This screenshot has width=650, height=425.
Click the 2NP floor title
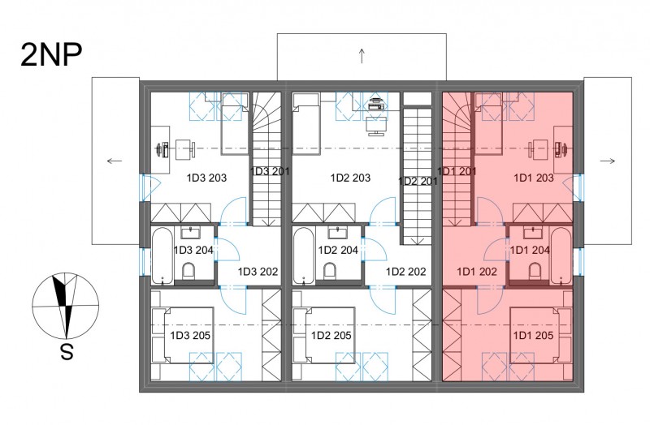click(x=51, y=55)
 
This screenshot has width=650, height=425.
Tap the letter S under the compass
click(x=67, y=352)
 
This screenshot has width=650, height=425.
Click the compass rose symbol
click(x=66, y=306)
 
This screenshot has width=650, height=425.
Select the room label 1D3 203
click(x=206, y=178)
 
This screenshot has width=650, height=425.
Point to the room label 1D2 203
click(x=350, y=178)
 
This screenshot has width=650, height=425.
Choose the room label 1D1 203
click(x=534, y=178)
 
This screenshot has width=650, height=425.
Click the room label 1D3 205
click(x=190, y=335)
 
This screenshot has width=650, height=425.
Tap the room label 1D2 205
click(x=331, y=335)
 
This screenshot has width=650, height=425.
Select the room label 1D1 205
click(x=533, y=335)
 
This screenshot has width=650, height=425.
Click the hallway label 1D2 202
click(x=405, y=272)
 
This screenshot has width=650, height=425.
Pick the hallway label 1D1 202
click(x=477, y=272)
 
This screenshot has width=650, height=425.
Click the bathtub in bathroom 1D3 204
click(x=162, y=255)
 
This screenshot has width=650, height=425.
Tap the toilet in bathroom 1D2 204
click(x=330, y=271)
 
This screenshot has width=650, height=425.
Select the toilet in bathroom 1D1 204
click(x=535, y=271)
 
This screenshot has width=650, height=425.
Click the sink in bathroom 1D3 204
click(x=191, y=233)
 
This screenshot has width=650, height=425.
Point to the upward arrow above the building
click(x=362, y=56)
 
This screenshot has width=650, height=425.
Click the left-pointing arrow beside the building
click(x=115, y=161)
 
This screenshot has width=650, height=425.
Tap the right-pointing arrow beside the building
click(x=608, y=161)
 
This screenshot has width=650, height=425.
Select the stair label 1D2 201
click(x=418, y=181)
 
